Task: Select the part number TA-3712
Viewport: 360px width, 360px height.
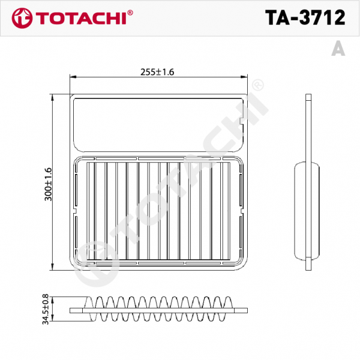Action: [305, 18]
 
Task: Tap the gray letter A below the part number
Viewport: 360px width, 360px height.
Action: [338, 50]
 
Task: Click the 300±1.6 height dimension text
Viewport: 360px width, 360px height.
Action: [48, 184]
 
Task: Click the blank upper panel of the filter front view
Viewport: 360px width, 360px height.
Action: [156, 123]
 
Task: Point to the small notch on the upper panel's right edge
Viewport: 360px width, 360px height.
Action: [241, 122]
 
